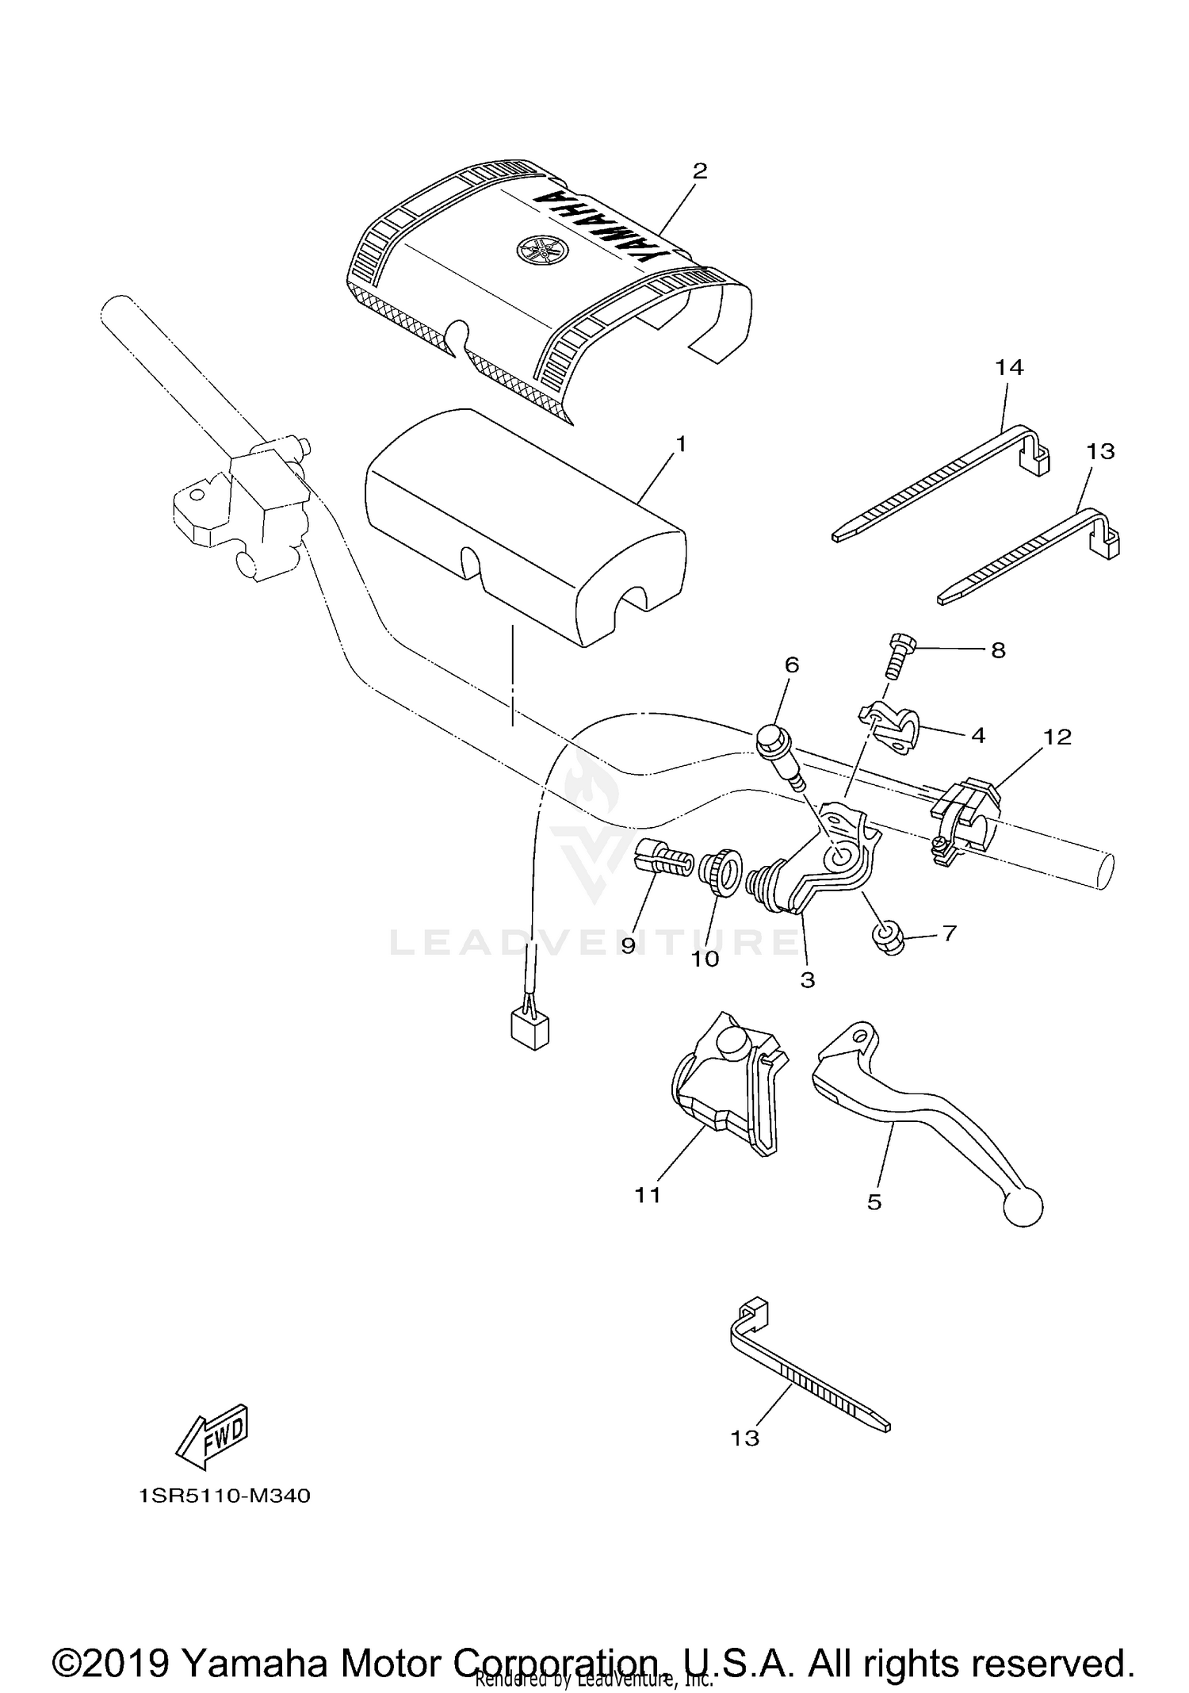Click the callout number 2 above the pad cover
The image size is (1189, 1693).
click(x=699, y=171)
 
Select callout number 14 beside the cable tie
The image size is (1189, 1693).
click(x=1010, y=367)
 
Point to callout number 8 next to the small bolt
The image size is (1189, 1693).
click(x=998, y=650)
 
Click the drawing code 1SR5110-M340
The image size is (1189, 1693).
click(x=224, y=1496)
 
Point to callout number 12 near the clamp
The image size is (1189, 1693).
click(x=1057, y=737)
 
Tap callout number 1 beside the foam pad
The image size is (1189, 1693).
click(x=679, y=444)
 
